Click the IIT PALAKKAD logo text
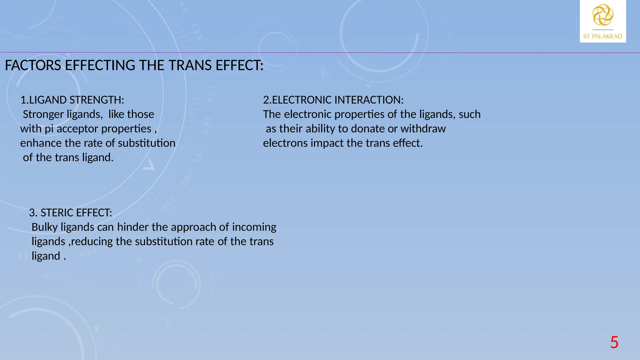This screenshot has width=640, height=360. [x=603, y=36]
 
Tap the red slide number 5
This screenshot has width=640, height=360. [x=614, y=342]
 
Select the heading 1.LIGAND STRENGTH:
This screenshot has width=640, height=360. [x=72, y=100]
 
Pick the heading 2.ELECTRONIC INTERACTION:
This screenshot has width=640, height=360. [x=333, y=100]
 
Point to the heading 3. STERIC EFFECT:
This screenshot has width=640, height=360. [x=70, y=213]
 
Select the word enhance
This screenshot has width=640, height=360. [x=41, y=143]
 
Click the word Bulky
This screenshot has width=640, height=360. [x=45, y=227]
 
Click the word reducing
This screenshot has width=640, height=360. [x=92, y=242]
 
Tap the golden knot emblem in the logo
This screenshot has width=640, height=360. [x=603, y=15]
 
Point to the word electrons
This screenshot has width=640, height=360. [x=285, y=143]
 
